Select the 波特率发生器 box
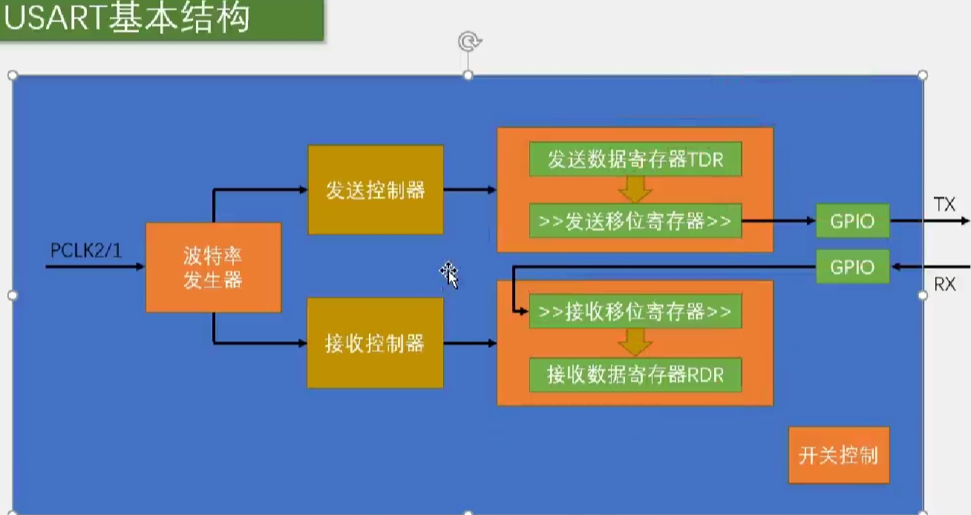[x=213, y=268]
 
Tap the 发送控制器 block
[x=376, y=190]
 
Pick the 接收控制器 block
[x=376, y=343]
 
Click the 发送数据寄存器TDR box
[x=635, y=160]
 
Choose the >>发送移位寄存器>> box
[x=635, y=221]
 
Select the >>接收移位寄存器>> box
[x=635, y=312]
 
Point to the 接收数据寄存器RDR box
[x=635, y=375]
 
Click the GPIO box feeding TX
[x=852, y=221]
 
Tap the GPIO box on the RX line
[x=852, y=267]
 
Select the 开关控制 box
[x=838, y=455]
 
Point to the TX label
[x=944, y=205]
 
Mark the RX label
[x=944, y=284]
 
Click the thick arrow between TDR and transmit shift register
[x=635, y=190]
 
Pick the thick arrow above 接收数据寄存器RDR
[x=635, y=343]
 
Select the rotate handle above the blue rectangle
[x=468, y=42]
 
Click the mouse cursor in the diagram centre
[x=448, y=274]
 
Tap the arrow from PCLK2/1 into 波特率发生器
[x=96, y=265]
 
